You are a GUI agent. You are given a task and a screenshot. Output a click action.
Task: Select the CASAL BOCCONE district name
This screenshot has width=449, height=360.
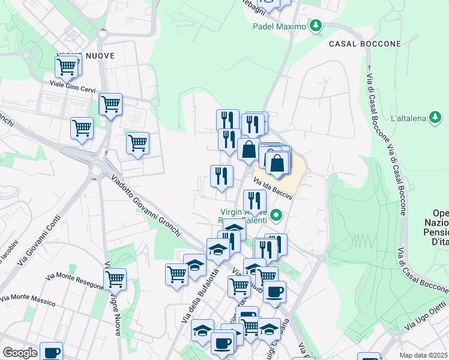(364, 44)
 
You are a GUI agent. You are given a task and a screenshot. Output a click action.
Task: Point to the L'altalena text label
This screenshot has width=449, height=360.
(408, 118)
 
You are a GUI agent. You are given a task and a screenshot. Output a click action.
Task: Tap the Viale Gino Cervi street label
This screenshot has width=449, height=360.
(72, 84)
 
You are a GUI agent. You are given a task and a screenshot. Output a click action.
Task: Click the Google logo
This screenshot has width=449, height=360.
(20, 353)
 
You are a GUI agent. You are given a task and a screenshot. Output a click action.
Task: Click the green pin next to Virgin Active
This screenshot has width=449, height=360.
(277, 214)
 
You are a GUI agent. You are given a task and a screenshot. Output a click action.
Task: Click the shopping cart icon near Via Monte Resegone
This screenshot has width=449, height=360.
(115, 278)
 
